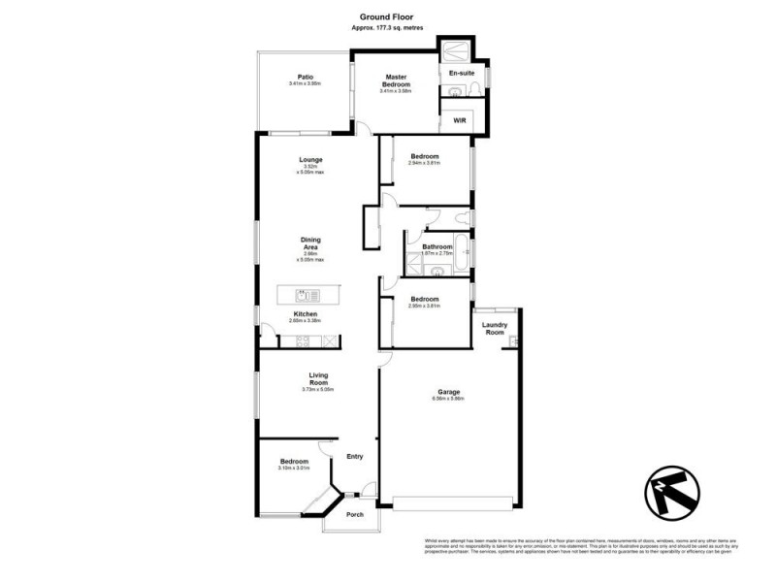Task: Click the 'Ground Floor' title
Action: pos(388,16)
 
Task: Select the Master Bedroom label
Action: pos(395,81)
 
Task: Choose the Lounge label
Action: pos(310,159)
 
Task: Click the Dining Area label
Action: pos(310,243)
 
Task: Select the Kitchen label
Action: pos(307,314)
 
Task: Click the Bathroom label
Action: pos(437,246)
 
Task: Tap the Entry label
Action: pos(354,456)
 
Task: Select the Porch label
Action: pos(355,514)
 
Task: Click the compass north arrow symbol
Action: pos(671,491)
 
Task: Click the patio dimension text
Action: pos(305,84)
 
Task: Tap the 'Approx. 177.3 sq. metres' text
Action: pos(388,28)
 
